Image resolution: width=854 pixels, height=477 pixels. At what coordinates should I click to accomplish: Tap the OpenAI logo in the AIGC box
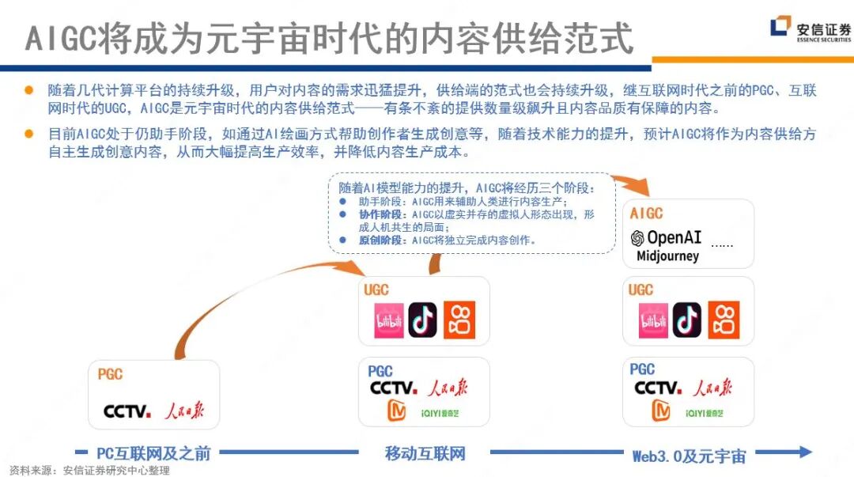(666, 237)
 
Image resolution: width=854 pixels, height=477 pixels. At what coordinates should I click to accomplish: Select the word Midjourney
(667, 256)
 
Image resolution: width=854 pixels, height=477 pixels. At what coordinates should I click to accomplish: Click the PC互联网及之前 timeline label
(153, 453)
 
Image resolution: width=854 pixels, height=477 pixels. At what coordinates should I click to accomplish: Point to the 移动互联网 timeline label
(425, 453)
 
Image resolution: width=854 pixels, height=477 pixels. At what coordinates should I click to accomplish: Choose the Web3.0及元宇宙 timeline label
(689, 456)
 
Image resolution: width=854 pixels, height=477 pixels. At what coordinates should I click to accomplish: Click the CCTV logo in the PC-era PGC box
(127, 411)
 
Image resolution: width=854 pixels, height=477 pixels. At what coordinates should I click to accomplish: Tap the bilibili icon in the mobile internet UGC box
(388, 320)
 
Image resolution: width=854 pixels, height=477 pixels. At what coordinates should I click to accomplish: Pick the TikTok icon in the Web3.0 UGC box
(686, 320)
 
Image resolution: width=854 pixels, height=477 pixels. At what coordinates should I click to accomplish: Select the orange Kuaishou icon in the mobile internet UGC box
(459, 320)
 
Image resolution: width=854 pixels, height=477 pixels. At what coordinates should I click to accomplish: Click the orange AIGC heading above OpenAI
(646, 214)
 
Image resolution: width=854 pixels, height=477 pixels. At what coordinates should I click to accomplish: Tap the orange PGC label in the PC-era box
(110, 374)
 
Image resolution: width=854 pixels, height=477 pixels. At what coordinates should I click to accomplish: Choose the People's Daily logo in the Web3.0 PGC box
(712, 388)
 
